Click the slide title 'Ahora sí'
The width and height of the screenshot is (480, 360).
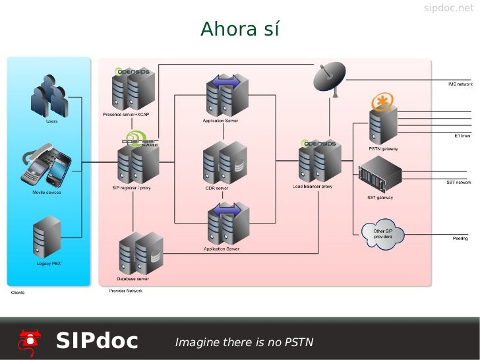click(x=240, y=30)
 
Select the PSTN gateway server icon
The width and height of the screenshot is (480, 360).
click(x=383, y=125)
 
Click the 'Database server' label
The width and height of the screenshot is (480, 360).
click(x=133, y=278)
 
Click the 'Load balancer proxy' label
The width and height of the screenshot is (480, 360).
click(x=313, y=187)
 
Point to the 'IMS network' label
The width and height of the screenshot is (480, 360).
click(x=460, y=84)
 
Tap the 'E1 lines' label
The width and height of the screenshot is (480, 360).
click(x=462, y=135)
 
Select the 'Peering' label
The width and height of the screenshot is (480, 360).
click(x=460, y=238)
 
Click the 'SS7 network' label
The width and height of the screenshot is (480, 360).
click(x=459, y=182)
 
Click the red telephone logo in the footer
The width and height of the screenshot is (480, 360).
click(x=30, y=340)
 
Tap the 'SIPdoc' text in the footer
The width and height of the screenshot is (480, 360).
click(x=97, y=341)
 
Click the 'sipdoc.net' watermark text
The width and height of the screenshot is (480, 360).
click(x=448, y=8)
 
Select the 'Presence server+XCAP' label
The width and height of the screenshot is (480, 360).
click(x=126, y=115)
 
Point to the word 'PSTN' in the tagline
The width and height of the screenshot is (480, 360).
click(x=298, y=342)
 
